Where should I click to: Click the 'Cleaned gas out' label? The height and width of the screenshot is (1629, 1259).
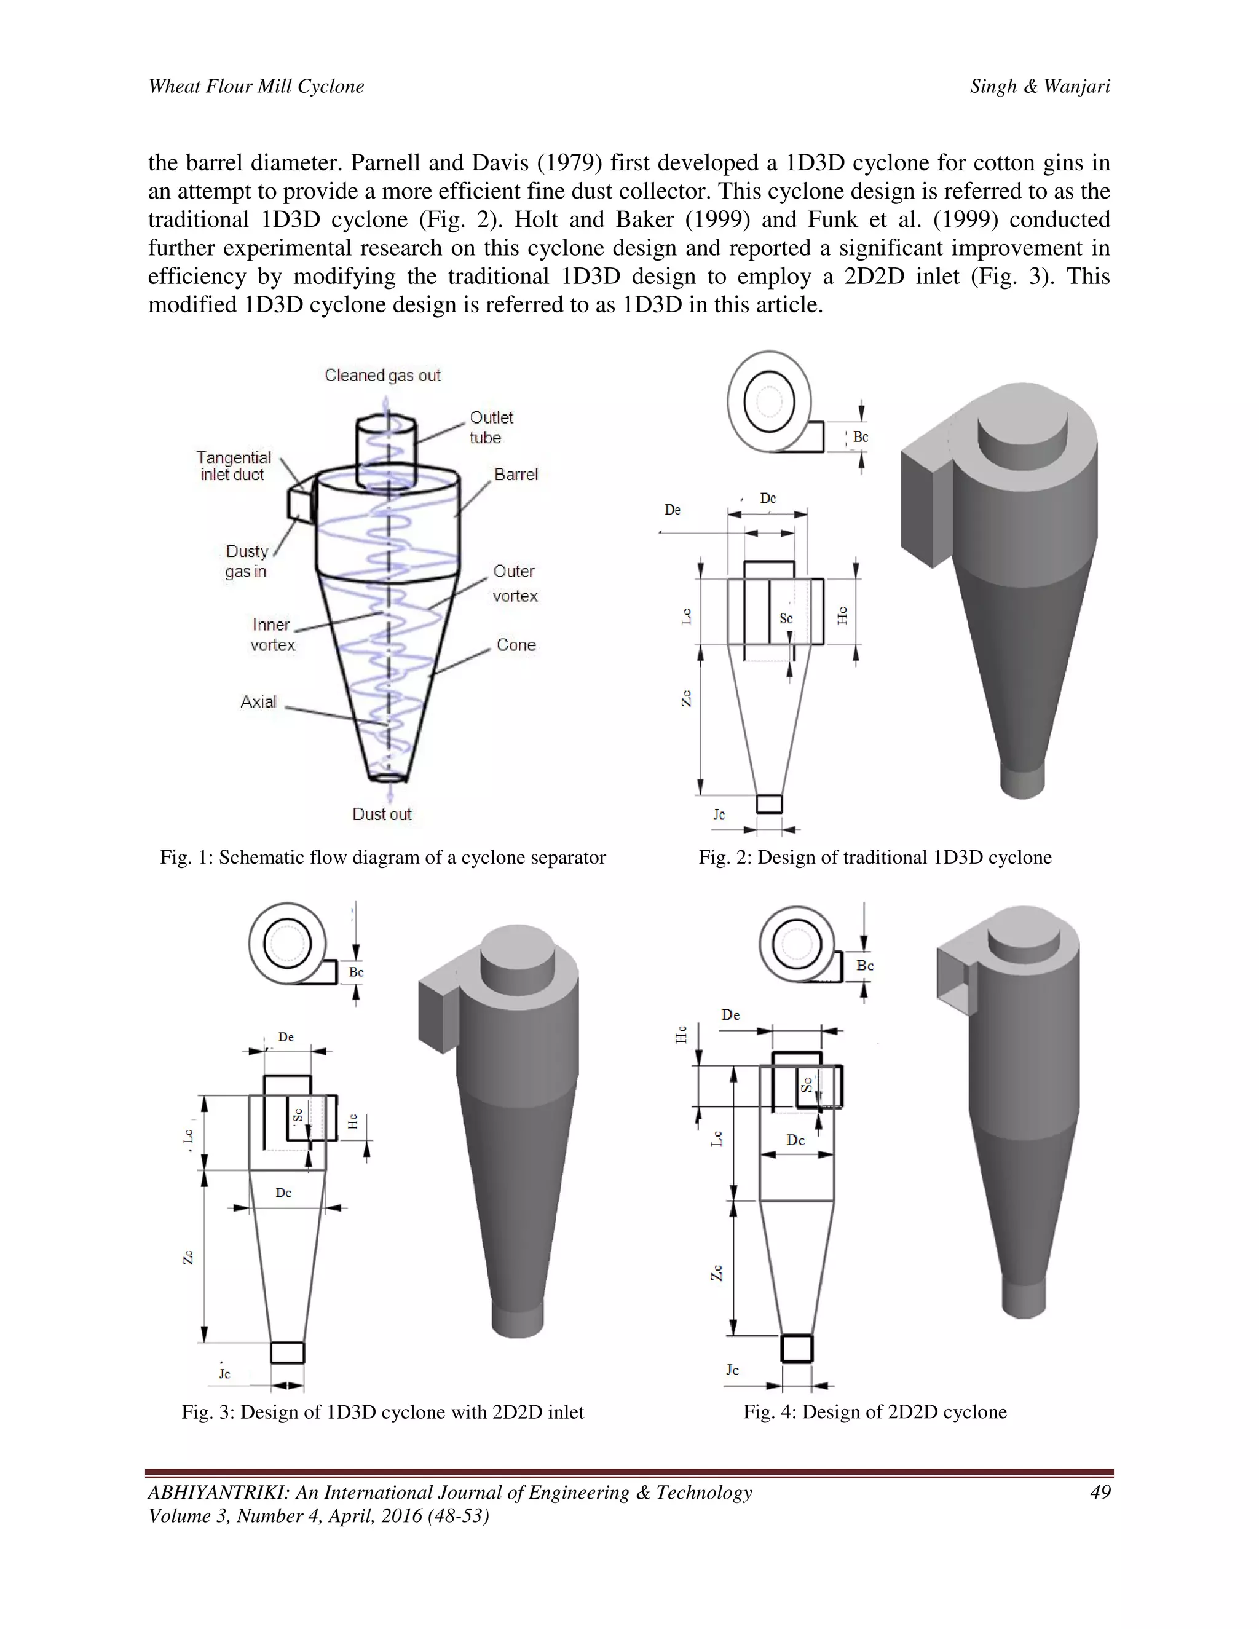click(382, 375)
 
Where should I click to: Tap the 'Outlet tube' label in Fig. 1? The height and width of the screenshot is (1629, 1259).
click(491, 427)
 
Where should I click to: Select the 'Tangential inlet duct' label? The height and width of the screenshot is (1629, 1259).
click(234, 466)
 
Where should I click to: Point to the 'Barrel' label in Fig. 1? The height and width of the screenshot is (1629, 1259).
click(515, 475)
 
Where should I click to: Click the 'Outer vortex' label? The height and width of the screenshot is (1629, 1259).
click(515, 583)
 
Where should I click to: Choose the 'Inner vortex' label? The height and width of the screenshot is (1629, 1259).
click(272, 635)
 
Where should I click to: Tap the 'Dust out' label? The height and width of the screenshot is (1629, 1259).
click(381, 814)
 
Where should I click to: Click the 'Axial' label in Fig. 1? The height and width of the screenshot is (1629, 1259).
click(258, 702)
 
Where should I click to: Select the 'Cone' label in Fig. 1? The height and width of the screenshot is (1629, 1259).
click(516, 645)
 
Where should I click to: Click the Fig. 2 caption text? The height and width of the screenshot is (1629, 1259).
click(875, 857)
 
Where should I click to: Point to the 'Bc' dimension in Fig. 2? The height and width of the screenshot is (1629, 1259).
click(860, 437)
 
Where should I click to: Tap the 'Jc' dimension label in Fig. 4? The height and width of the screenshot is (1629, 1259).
click(732, 1370)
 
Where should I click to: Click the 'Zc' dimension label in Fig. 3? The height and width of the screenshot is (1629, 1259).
click(189, 1257)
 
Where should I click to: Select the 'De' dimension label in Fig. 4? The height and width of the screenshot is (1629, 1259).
click(730, 1014)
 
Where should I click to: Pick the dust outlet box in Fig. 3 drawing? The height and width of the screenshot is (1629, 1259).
click(287, 1352)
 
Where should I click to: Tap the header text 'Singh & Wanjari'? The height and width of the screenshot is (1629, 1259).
click(1040, 87)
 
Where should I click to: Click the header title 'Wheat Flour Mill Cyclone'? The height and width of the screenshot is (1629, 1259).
click(256, 87)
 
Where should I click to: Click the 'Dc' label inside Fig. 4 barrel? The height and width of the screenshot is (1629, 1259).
click(795, 1140)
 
